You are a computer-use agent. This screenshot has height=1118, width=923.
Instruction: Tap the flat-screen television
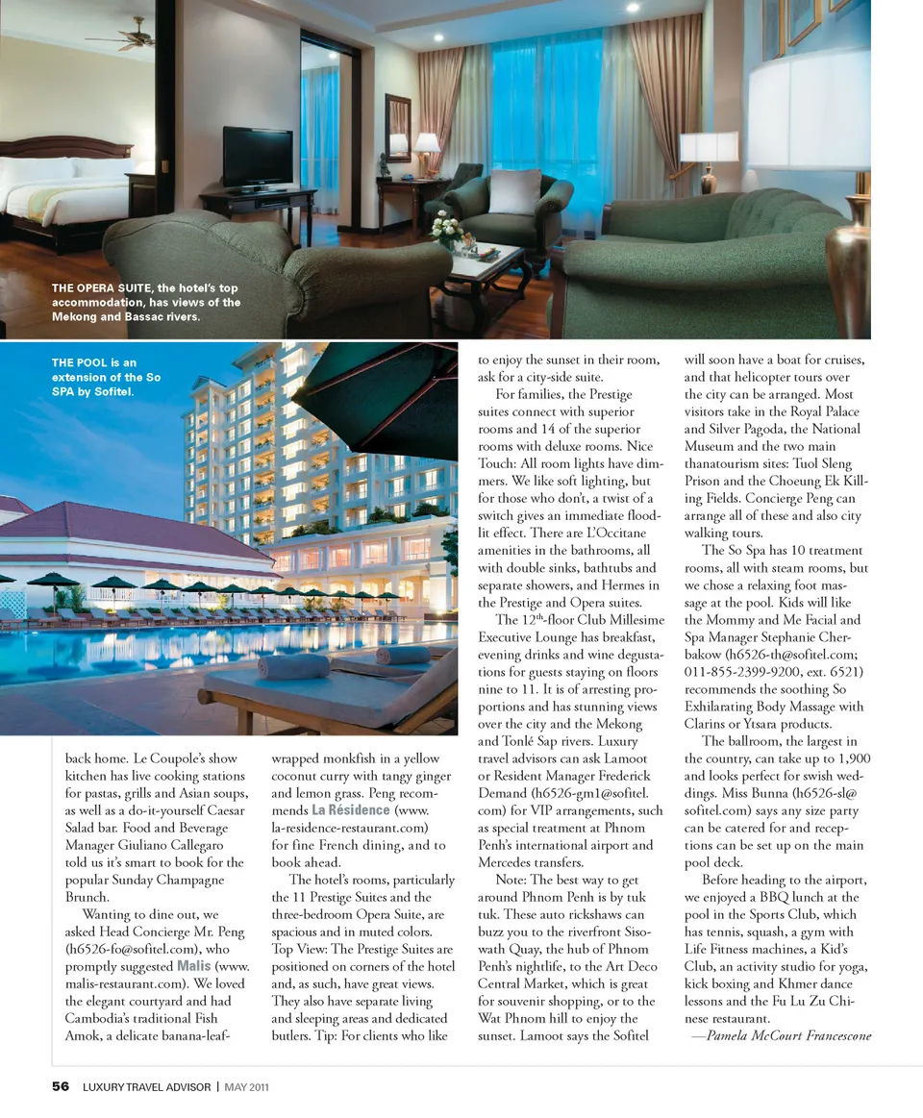pyautogui.click(x=258, y=157)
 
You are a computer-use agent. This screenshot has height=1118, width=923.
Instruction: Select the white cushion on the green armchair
pyautogui.click(x=513, y=191)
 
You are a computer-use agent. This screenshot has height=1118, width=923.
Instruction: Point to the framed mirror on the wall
pyautogui.click(x=398, y=127)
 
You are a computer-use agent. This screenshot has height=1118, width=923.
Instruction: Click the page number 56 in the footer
pyautogui.click(x=61, y=1086)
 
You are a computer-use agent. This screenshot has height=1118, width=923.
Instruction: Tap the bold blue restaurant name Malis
pyautogui.click(x=195, y=965)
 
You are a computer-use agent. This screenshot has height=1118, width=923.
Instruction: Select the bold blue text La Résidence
pyautogui.click(x=350, y=810)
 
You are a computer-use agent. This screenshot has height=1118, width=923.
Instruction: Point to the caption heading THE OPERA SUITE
pyautogui.click(x=102, y=287)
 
